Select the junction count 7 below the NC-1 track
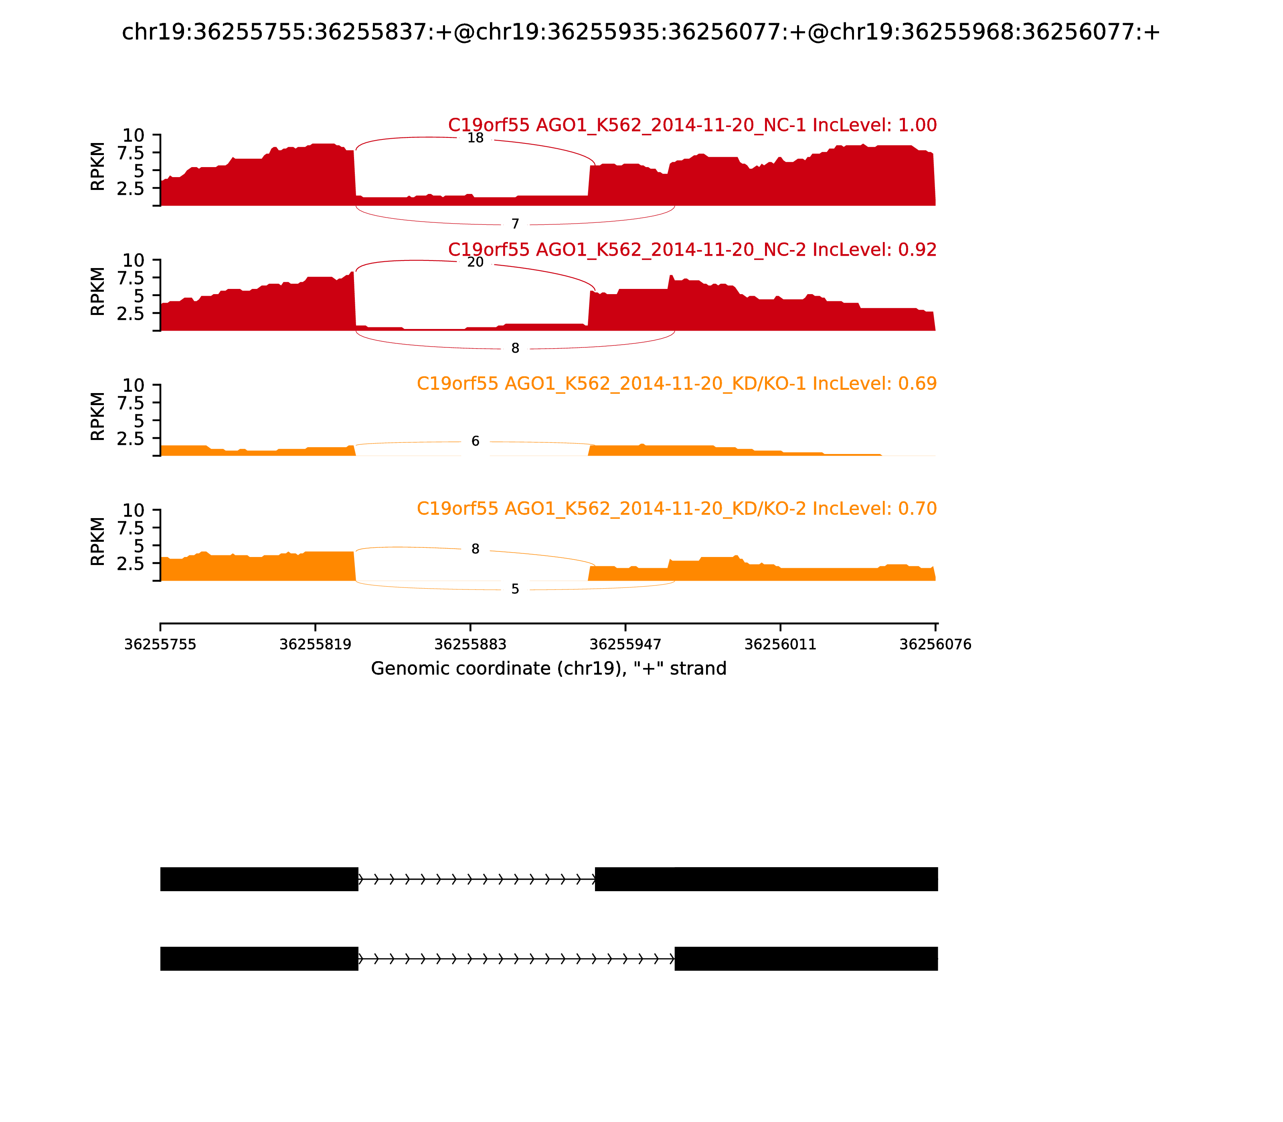click(x=515, y=224)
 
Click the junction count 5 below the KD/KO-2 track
click(x=515, y=589)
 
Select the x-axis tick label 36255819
click(x=315, y=645)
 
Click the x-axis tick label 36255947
click(x=625, y=645)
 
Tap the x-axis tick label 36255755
click(x=160, y=645)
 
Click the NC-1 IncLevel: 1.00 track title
click(x=692, y=125)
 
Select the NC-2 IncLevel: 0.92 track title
click(x=692, y=250)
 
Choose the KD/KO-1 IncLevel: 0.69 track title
click(x=677, y=384)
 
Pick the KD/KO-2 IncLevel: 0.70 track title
click(x=677, y=509)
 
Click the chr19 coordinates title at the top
click(x=640, y=32)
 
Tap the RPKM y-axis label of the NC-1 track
click(x=98, y=167)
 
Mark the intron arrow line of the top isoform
click(x=476, y=879)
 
